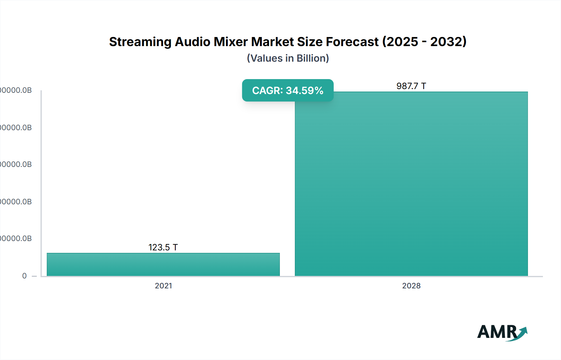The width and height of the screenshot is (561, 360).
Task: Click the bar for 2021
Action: coord(163,264)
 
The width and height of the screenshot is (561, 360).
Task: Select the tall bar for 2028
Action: coord(411,184)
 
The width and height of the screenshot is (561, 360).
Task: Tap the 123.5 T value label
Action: coord(163,247)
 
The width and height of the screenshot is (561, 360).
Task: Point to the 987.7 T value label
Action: coord(411,86)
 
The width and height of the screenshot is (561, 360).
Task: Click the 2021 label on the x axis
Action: coord(163,286)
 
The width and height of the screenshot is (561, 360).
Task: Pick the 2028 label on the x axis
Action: coord(411,286)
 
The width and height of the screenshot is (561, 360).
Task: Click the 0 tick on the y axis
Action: coord(24,276)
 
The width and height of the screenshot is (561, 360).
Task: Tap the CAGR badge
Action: coord(288,90)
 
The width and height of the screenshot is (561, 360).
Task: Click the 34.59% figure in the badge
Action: coord(304,91)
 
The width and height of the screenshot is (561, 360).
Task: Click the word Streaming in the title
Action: coord(140,42)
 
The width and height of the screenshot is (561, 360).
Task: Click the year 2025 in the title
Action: coord(402,42)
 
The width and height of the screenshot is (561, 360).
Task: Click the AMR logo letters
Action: coord(497,332)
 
